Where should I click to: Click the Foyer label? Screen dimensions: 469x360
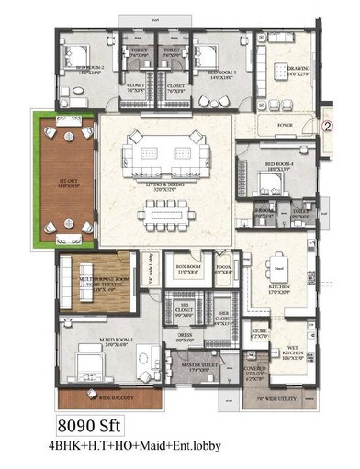click(x=284, y=123)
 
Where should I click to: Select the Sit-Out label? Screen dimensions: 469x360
click(x=66, y=184)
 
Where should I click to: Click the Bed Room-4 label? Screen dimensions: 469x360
click(x=279, y=167)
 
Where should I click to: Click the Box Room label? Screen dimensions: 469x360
click(x=189, y=270)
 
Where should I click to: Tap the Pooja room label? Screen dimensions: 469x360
click(x=222, y=269)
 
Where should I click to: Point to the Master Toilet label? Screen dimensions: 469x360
click(x=197, y=369)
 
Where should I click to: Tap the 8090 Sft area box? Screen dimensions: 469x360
click(x=90, y=427)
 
